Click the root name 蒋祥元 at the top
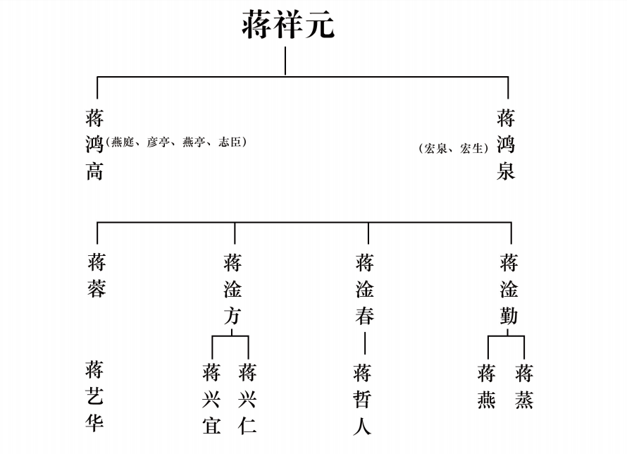pyautogui.click(x=288, y=25)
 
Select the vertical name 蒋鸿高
pyautogui.click(x=94, y=144)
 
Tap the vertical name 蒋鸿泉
pyautogui.click(x=506, y=144)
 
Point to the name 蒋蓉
pyautogui.click(x=97, y=276)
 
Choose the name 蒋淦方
pyautogui.click(x=232, y=289)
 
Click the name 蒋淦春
pyautogui.click(x=365, y=289)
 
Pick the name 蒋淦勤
pyautogui.click(x=509, y=289)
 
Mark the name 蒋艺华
pyautogui.click(x=94, y=395)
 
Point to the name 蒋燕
pyautogui.click(x=487, y=386)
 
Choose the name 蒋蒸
pyautogui.click(x=524, y=386)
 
